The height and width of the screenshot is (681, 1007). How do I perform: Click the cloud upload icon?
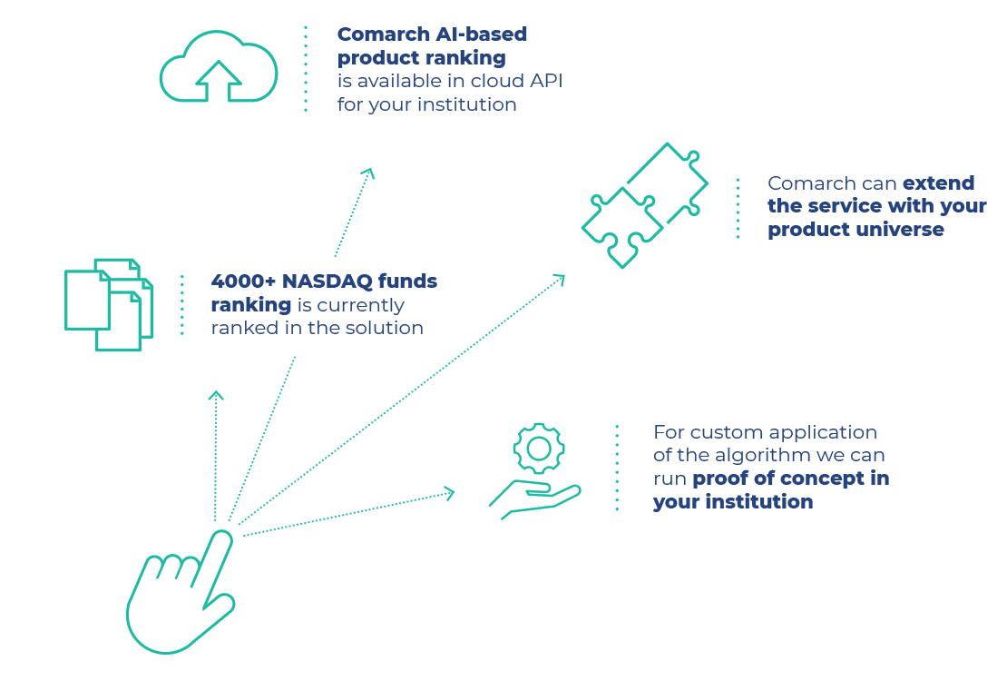tap(219, 67)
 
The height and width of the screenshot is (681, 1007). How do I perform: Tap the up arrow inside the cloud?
tap(219, 80)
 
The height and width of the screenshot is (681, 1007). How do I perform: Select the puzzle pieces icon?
tap(644, 205)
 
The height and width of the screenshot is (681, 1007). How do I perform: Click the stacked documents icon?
tap(108, 304)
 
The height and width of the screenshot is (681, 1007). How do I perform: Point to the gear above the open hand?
tap(539, 449)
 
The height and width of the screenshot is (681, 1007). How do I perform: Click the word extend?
tap(938, 183)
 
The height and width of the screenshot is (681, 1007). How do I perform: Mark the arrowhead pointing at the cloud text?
tap(368, 172)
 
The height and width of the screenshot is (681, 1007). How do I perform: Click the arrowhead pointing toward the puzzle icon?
tap(560, 279)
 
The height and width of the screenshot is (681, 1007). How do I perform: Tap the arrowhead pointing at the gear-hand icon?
tap(449, 493)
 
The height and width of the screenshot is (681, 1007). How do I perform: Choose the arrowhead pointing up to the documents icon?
tap(216, 395)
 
